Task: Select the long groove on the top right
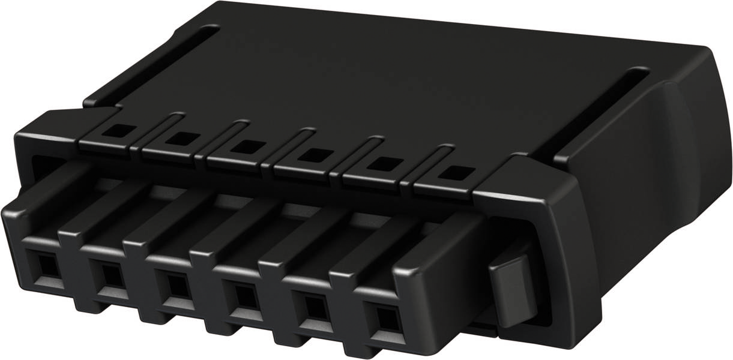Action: [x=600, y=114]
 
